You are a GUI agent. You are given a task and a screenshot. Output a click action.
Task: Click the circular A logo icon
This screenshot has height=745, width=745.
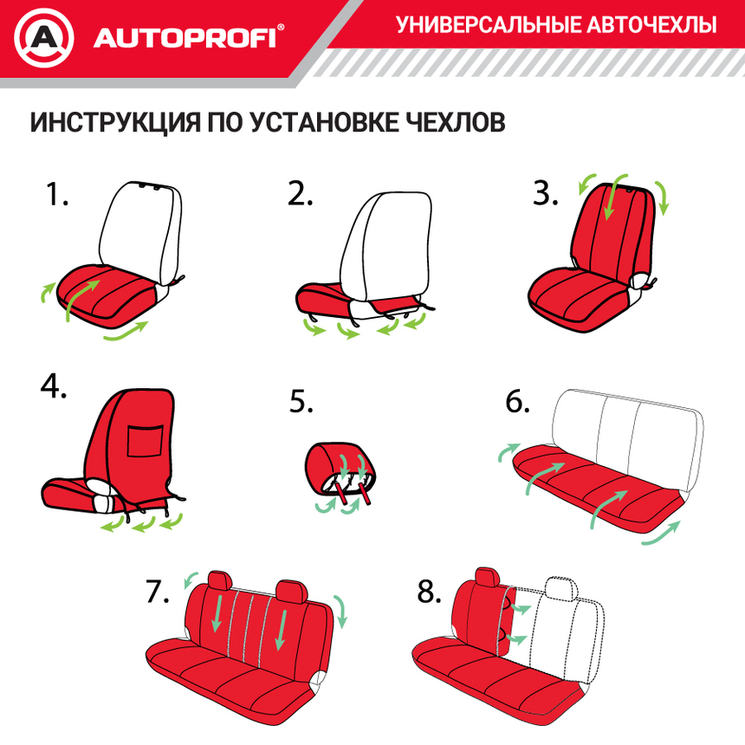[44, 38]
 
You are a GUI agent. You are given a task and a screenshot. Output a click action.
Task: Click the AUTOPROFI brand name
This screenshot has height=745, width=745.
[184, 39]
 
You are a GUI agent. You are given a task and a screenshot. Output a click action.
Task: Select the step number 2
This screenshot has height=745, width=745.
[300, 195]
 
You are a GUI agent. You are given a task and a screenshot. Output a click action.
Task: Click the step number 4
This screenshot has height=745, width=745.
[53, 386]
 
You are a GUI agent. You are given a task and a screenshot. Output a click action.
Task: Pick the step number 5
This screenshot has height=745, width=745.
[301, 403]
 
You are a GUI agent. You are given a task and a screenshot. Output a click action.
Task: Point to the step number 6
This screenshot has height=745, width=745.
[517, 403]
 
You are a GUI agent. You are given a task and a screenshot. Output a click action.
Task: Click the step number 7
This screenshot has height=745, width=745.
[157, 592]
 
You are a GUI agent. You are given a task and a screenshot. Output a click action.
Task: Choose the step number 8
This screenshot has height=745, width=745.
[430, 592]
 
